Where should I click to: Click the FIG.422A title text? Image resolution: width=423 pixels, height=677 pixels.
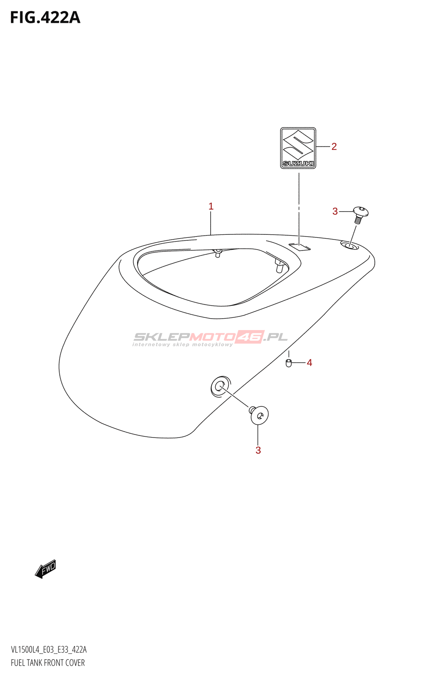45,17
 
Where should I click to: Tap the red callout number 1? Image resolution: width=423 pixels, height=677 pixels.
211,206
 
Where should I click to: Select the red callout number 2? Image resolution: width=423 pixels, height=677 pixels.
334,146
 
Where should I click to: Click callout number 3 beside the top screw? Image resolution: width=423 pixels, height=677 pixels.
335,212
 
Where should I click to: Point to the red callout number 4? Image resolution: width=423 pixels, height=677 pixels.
309,363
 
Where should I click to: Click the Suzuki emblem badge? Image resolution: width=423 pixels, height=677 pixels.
298,148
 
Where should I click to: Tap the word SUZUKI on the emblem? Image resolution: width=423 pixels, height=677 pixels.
298,163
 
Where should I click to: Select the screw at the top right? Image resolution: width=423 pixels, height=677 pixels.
360,215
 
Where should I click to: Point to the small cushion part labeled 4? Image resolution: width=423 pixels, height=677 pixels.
288,363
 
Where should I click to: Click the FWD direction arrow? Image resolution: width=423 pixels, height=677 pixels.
46,569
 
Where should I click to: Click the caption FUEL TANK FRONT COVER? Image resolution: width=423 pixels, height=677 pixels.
48,663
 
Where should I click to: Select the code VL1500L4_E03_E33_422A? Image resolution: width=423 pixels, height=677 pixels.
49,649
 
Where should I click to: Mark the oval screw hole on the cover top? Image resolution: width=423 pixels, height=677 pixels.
349,246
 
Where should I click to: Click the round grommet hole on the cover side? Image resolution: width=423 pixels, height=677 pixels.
220,387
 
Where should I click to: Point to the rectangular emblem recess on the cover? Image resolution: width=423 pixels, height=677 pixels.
299,247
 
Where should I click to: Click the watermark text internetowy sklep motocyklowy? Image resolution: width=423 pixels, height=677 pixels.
183,345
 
